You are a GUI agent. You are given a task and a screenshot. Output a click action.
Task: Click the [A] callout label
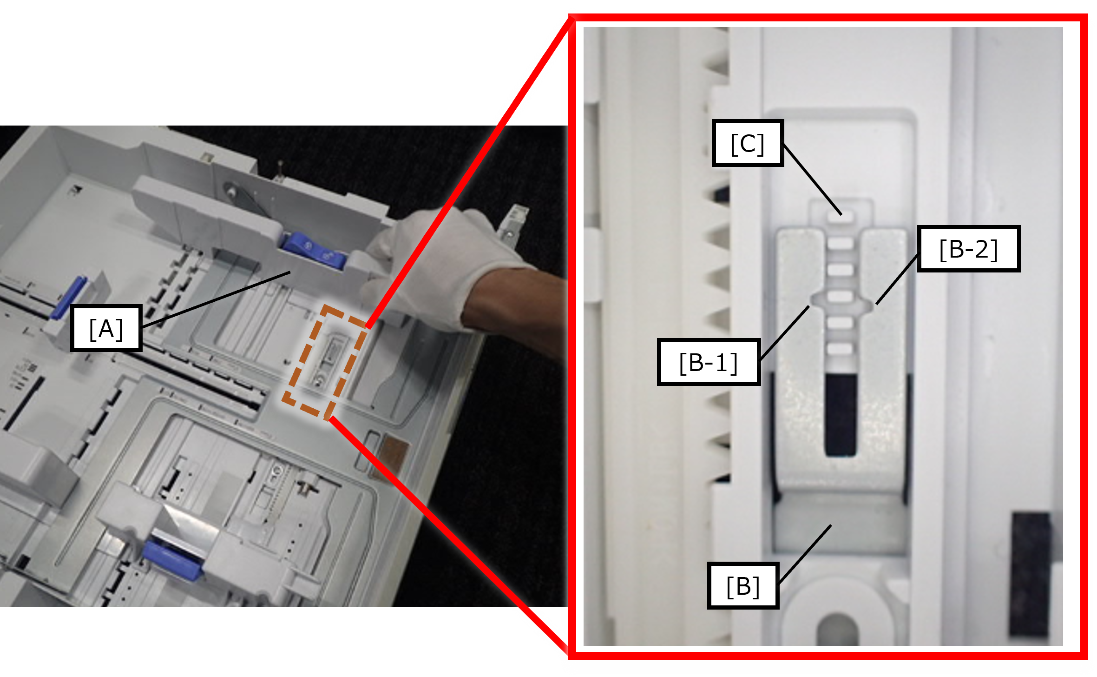point(106,328)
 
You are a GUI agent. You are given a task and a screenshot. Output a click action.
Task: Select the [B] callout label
point(743,585)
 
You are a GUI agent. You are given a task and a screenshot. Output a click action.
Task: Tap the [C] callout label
point(748,143)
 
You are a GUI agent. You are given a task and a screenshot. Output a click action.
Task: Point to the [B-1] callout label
point(709,362)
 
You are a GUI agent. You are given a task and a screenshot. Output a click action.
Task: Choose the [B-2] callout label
point(969,249)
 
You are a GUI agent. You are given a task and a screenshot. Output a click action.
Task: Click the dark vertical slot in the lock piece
point(841,415)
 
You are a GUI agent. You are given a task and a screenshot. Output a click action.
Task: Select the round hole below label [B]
point(838,628)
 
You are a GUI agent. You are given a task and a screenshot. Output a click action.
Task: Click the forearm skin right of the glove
point(516,307)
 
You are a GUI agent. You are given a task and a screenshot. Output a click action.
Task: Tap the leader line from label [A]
point(216,299)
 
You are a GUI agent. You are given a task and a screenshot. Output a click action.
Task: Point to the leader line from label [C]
point(812,179)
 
